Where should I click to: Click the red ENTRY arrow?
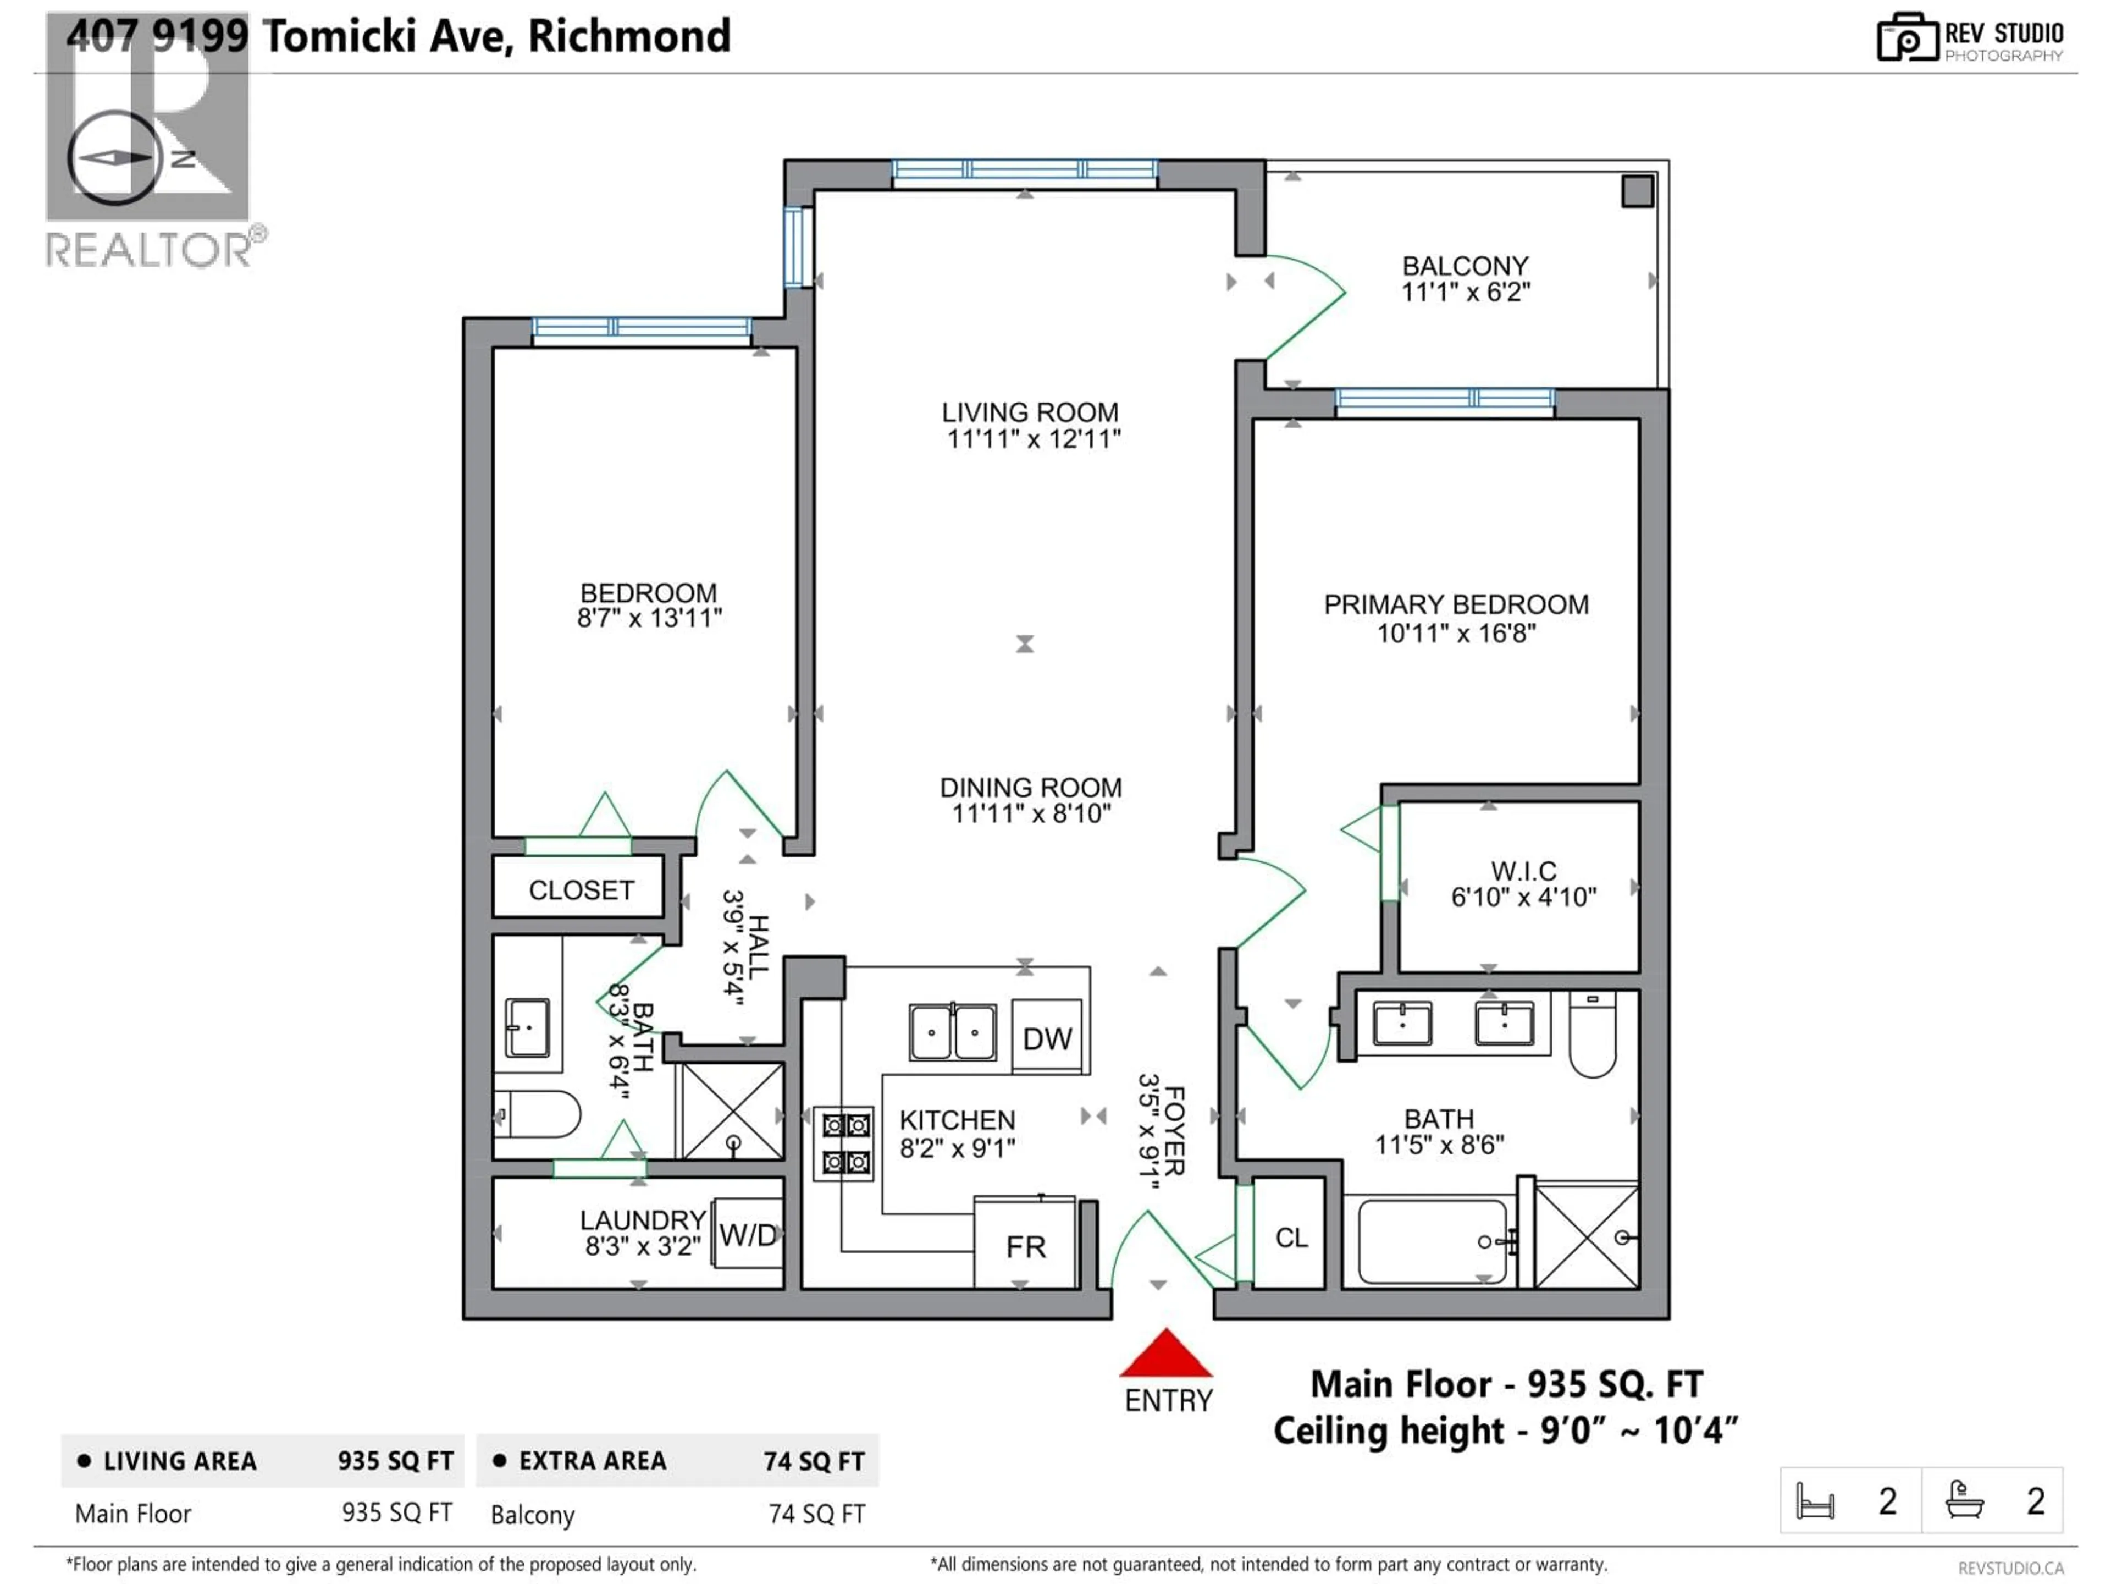1165,1354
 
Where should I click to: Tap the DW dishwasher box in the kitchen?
1047,1038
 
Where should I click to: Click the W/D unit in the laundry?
748,1235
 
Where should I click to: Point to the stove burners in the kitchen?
844,1143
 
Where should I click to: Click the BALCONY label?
1465,266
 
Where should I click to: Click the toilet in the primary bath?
1592,1036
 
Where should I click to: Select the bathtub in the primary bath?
1432,1241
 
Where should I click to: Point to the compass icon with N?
114,157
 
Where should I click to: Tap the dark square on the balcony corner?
1637,191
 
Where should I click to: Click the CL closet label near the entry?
1291,1237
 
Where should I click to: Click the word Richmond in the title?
629,36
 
